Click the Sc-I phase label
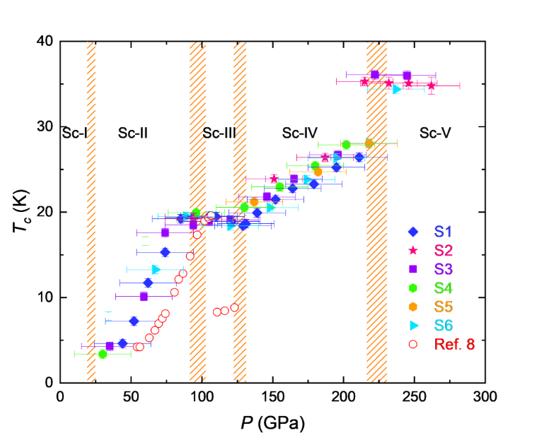[x=74, y=133]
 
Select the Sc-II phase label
[x=133, y=133]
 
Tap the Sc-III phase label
[x=219, y=133]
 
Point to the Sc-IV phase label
[x=300, y=133]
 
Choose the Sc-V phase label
[x=435, y=133]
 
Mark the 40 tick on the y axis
[x=46, y=41]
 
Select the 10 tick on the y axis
[x=46, y=297]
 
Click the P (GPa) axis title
[x=272, y=423]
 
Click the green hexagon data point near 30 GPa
[x=103, y=354]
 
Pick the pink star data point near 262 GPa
[x=432, y=85]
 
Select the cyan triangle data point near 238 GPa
[x=397, y=89]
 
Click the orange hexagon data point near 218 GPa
[x=369, y=143]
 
